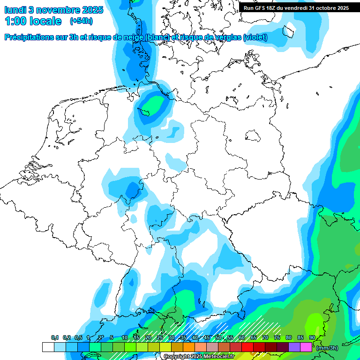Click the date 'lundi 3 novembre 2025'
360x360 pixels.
(x=54, y=10)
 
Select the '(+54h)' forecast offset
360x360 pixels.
(x=81, y=21)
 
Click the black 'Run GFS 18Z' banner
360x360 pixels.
(x=296, y=7)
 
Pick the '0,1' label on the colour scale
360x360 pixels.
(x=55, y=338)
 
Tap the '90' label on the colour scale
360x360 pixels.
(x=312, y=338)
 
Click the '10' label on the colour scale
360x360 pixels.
(x=125, y=338)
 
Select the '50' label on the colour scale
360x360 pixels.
(x=218, y=338)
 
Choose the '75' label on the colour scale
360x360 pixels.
(x=277, y=338)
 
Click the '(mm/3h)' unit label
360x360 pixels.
(x=327, y=347)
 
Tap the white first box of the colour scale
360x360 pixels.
(x=48, y=347)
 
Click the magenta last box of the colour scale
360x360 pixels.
(x=306, y=347)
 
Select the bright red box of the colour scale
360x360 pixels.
(x=247, y=347)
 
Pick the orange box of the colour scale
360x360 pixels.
(x=188, y=347)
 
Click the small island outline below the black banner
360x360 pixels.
(x=290, y=30)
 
